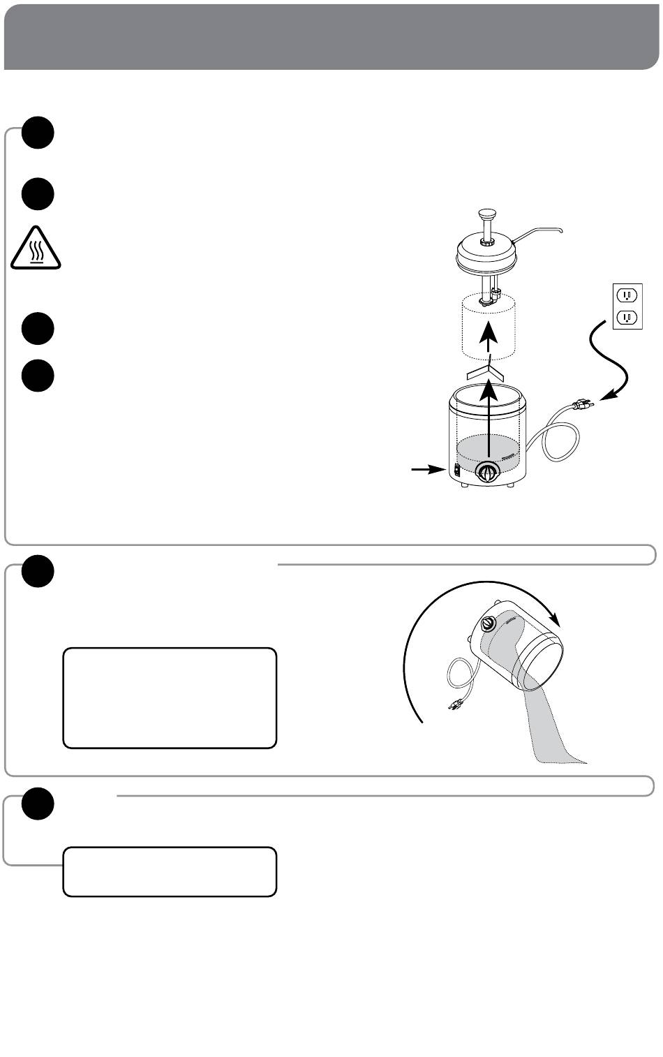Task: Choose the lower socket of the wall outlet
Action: coord(627,318)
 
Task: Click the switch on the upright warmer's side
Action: coord(457,471)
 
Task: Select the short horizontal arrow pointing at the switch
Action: coord(427,471)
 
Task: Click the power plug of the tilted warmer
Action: coord(455,704)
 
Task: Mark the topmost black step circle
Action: coord(38,132)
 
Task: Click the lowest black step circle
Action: coord(38,805)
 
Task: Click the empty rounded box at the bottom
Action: coord(170,871)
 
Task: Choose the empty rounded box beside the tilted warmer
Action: coord(170,698)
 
